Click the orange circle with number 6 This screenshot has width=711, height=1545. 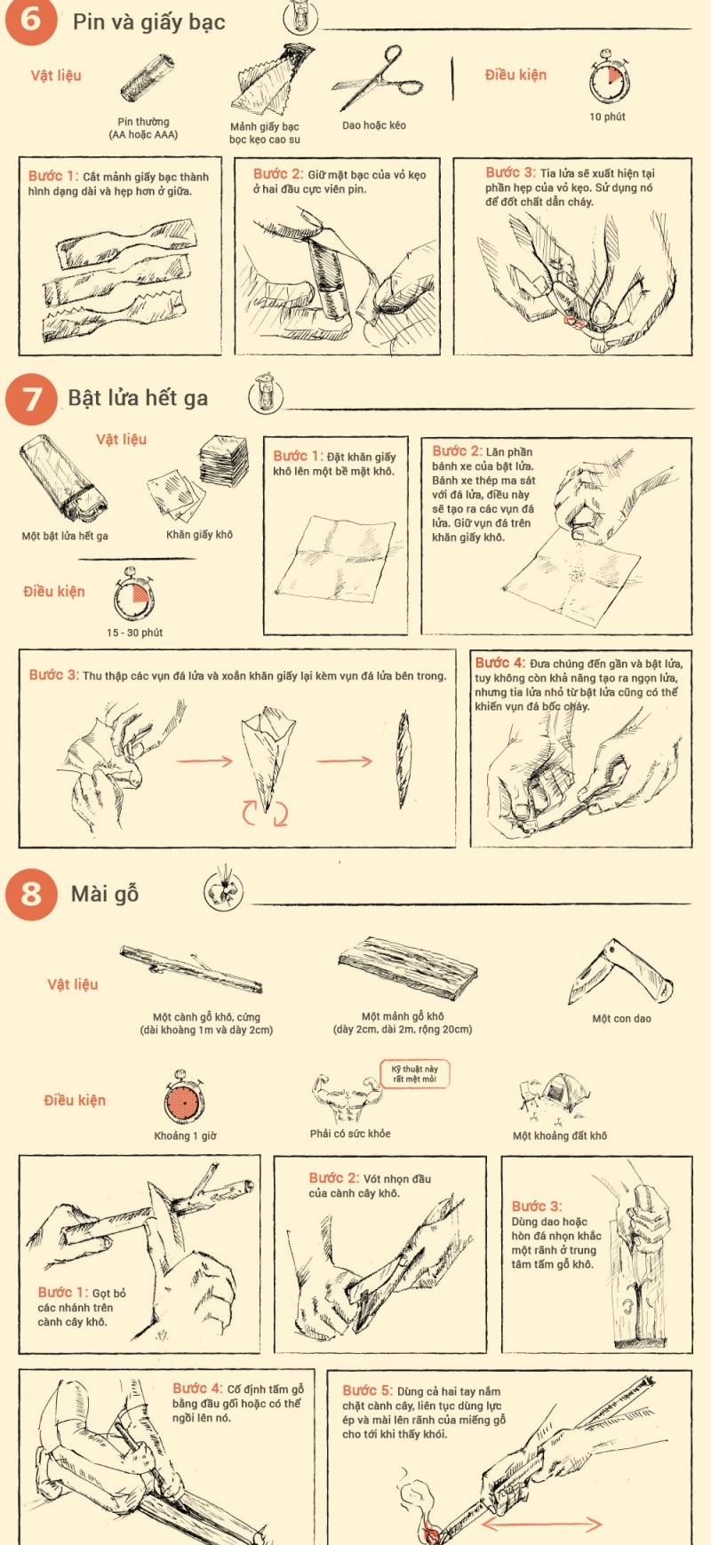click(31, 19)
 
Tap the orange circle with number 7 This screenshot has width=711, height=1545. click(31, 399)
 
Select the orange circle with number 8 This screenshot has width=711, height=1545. click(31, 894)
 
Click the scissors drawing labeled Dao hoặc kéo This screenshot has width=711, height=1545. click(378, 82)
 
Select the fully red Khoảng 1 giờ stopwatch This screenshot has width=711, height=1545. click(184, 1103)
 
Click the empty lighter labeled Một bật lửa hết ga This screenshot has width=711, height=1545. click(62, 480)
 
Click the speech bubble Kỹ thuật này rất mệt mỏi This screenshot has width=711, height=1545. click(414, 1074)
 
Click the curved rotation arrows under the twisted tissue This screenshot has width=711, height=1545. click(265, 811)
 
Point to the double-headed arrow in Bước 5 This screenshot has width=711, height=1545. click(541, 1524)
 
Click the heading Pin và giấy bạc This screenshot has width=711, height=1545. click(148, 22)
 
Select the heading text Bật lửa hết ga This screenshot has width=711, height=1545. click(138, 398)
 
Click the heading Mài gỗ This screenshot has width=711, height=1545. click(105, 894)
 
